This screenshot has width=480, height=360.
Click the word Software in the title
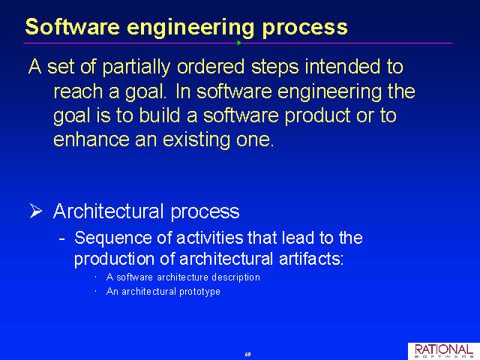tap(73, 27)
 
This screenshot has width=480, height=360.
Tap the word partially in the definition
tap(136, 67)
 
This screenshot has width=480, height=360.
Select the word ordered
tap(211, 67)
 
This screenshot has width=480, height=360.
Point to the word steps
tap(274, 67)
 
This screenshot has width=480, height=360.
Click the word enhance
tap(91, 139)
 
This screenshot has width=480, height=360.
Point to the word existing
tap(196, 140)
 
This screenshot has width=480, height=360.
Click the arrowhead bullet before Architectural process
tap(36, 211)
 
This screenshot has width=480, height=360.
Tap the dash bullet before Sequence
tap(61, 238)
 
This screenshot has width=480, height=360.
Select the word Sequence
tap(113, 238)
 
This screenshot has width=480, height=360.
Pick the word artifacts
tap(311, 259)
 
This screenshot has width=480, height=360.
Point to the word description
tap(235, 277)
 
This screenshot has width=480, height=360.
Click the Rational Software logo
tap(444, 351)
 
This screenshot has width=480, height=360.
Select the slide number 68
tap(247, 354)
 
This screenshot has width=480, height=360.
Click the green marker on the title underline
tap(239, 43)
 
